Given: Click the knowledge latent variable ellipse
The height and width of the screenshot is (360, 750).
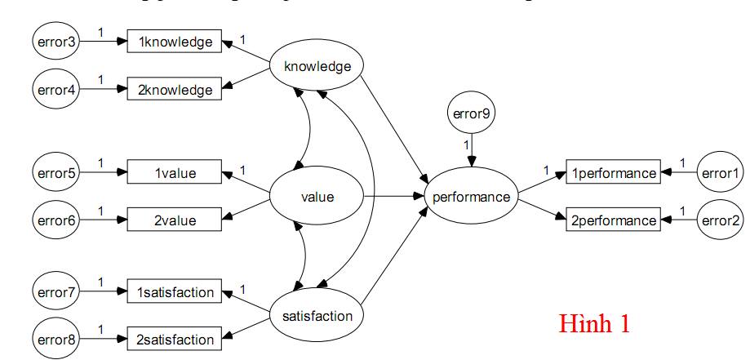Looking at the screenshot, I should coord(317,66).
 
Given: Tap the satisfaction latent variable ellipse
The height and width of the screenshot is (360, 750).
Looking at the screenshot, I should coord(317,315).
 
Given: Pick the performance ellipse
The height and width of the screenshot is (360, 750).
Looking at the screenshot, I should coord(472,197).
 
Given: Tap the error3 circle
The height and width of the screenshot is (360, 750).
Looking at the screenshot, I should coord(56,42).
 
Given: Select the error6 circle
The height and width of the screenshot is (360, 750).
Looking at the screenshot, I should coord(56,220).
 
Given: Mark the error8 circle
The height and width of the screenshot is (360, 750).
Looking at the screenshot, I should coord(56,339).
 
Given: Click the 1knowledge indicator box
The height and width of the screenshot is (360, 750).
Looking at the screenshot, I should coord(175,42).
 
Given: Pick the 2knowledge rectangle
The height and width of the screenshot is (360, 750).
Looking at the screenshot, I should coord(175,90).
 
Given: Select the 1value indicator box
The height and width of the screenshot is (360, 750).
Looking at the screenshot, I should coord(175,173).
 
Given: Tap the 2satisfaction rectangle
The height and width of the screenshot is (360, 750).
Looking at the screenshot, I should coord(175,339).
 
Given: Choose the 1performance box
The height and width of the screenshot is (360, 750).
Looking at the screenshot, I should coord(613,173).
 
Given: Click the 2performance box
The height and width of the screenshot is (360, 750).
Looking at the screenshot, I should coord(613,220).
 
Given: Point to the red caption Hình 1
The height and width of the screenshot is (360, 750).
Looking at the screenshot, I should coord(594,323).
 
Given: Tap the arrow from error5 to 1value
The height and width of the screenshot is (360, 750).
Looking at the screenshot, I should coord(103,173).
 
